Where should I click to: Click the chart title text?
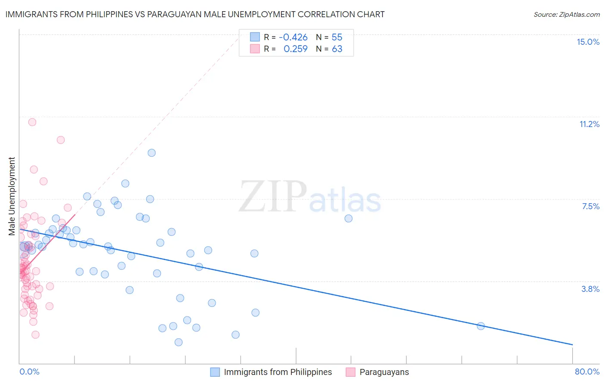(195, 14)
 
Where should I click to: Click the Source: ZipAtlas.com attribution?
(566, 14)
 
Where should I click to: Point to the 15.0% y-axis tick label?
(588, 42)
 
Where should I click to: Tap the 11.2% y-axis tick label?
(589, 124)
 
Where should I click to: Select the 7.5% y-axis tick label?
(590, 206)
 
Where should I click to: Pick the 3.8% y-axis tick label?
(590, 289)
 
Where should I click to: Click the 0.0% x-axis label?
(29, 372)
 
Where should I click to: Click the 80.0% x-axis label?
(587, 372)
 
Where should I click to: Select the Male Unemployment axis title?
(12, 196)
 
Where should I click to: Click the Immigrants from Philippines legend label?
(278, 372)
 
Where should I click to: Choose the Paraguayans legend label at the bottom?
(384, 372)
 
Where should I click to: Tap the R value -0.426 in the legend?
(293, 37)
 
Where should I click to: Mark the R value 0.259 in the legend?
(295, 49)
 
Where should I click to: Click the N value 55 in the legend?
(337, 37)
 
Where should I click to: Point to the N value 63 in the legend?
(337, 49)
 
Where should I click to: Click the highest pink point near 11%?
(32, 122)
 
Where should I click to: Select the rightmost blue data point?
(481, 326)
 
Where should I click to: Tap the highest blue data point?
(151, 153)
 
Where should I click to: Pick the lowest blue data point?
(179, 342)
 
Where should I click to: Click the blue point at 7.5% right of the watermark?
(349, 218)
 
